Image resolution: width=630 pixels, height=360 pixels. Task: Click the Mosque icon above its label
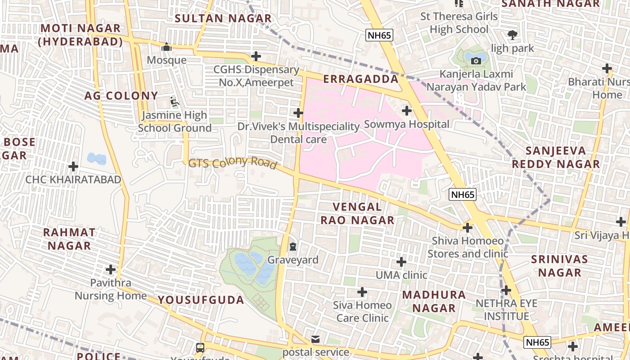(166, 47)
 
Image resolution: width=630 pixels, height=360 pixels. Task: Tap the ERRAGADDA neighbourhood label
(361, 79)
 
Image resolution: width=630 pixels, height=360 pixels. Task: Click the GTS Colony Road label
(232, 162)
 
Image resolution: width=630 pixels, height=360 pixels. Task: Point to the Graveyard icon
(293, 247)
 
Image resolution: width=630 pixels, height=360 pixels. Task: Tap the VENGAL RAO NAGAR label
(363, 214)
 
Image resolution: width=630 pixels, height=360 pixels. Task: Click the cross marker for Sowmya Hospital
(407, 110)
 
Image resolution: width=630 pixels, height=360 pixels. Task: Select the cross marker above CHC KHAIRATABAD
(73, 166)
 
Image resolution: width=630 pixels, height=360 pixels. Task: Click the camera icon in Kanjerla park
(476, 61)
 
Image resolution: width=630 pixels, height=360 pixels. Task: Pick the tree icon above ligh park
(512, 35)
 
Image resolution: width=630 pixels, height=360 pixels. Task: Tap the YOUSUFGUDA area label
(201, 300)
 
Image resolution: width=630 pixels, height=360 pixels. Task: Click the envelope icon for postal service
(315, 339)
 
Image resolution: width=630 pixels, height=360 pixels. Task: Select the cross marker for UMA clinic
(401, 261)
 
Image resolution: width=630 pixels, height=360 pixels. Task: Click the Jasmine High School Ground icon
(174, 102)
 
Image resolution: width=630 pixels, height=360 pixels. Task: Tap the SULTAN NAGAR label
(223, 18)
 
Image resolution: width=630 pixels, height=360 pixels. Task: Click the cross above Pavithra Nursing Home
(111, 270)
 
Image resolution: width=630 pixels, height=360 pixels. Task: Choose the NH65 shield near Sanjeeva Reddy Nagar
(462, 194)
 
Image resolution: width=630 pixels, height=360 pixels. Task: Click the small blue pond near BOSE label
(97, 158)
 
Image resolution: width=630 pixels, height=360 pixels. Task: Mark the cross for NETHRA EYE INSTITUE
(506, 290)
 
